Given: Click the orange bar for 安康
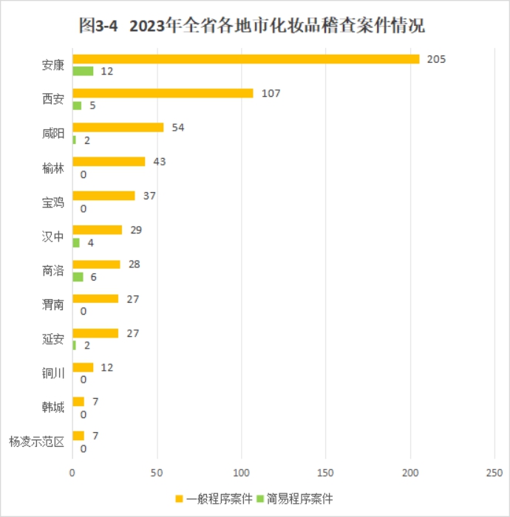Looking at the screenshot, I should [245, 59].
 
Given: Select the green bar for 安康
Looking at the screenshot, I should [83, 71].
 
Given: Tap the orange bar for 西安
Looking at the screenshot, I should [163, 93].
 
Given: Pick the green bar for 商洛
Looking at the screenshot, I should [78, 276].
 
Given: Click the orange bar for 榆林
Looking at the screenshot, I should [109, 162].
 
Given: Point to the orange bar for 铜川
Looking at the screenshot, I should [83, 367].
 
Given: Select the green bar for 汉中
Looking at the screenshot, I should [76, 242].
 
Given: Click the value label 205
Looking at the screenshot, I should [436, 59].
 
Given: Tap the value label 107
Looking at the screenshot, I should [271, 93].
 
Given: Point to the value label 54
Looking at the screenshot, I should [177, 127].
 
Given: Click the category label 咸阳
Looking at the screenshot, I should [53, 134].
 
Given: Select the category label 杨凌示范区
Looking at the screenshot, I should [37, 442].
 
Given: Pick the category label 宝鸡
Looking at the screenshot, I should [53, 202].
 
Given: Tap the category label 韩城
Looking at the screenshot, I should [53, 408].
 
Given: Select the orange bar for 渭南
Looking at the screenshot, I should [95, 298].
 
